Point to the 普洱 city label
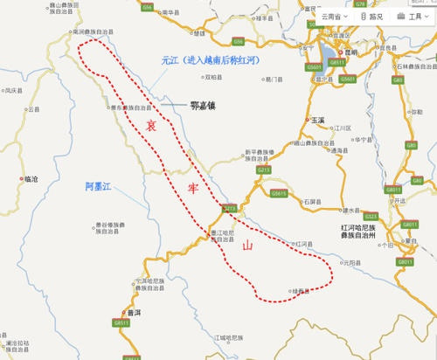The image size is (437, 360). tap(133, 312)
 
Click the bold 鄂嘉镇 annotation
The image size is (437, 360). tap(197, 106)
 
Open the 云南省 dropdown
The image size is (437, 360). tap(334, 16)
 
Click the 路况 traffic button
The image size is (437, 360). tap(371, 16)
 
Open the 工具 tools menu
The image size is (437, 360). tap(411, 16)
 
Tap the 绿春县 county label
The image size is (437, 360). tap(302, 290)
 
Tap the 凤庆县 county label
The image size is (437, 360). tap(11, 90)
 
